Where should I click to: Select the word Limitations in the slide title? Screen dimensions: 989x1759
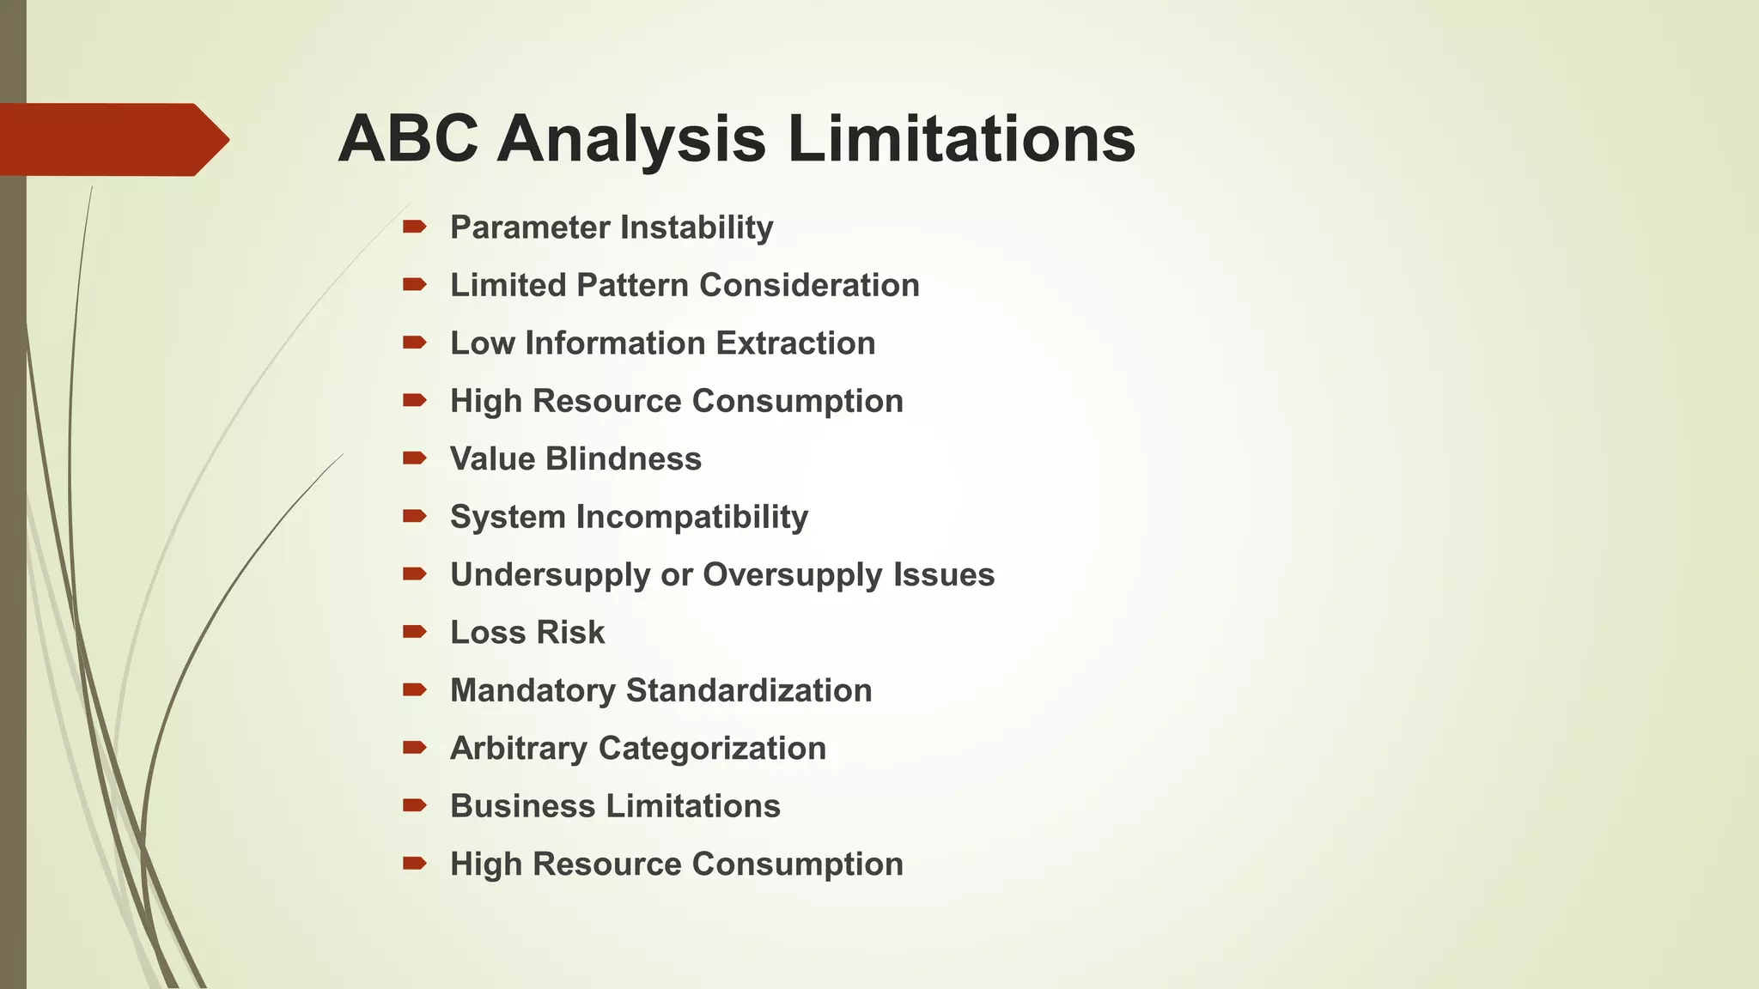pos(961,139)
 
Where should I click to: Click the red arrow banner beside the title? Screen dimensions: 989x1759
pos(112,140)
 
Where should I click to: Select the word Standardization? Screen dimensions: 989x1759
pos(749,690)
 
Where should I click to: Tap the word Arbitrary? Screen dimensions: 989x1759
pos(519,749)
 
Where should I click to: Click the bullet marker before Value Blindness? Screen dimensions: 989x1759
pos(415,458)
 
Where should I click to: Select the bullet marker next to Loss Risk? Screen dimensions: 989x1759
pos(415,632)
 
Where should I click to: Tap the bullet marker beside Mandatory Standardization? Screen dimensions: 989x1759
pos(415,689)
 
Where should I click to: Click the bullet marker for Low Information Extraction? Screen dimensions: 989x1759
pos(415,343)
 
